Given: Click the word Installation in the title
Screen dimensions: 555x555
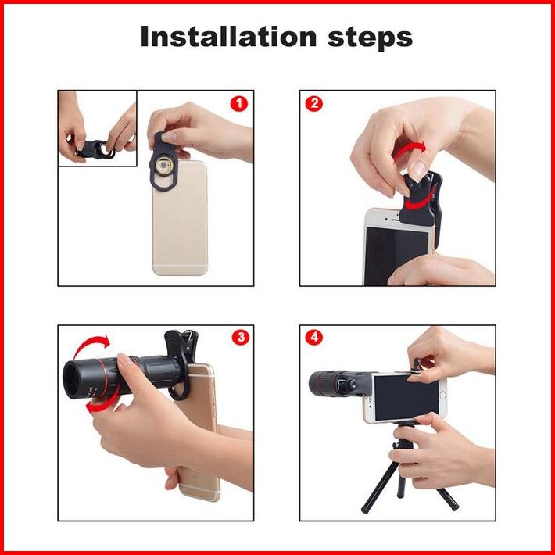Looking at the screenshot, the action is (x=228, y=37).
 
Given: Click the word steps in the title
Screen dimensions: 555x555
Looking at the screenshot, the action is (x=371, y=38).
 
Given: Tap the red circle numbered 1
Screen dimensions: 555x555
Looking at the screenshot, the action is (x=239, y=104).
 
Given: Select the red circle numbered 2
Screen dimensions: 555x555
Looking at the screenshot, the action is (x=314, y=104).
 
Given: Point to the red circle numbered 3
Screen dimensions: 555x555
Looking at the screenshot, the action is (x=241, y=338).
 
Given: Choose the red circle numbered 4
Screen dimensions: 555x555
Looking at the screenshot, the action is (x=314, y=338).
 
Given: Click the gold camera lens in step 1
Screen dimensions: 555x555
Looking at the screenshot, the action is (x=164, y=166).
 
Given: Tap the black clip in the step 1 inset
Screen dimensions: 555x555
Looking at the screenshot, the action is (x=95, y=149).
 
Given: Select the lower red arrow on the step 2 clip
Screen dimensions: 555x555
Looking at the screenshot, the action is (x=420, y=202).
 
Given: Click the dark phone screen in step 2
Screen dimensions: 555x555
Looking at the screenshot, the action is (x=396, y=256).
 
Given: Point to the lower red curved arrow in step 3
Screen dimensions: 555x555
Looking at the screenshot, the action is (x=102, y=403).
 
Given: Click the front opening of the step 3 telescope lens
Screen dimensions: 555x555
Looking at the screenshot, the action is (x=71, y=381).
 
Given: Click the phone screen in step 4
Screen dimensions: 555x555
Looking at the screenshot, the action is (x=406, y=397).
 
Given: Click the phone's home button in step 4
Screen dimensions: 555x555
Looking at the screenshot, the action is (x=442, y=395).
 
